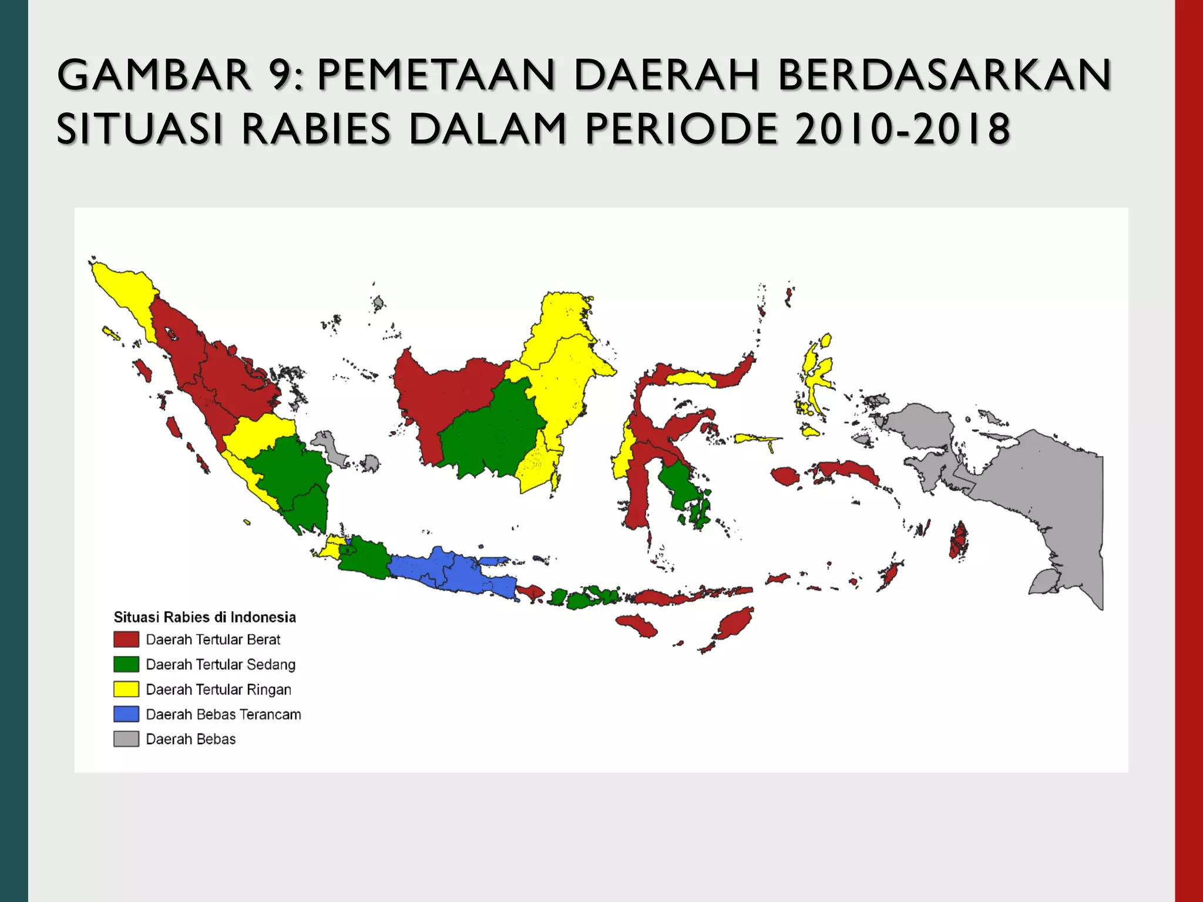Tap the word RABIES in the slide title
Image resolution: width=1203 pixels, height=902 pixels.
pyautogui.click(x=316, y=129)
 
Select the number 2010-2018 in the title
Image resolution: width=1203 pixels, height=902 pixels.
pyautogui.click(x=902, y=129)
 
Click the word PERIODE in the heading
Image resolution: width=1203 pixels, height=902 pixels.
pyautogui.click(x=681, y=129)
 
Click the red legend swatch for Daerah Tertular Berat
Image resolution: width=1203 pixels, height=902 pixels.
pyautogui.click(x=126, y=639)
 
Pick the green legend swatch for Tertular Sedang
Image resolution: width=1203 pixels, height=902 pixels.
pyautogui.click(x=126, y=664)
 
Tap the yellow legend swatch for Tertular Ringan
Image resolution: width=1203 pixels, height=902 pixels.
pyautogui.click(x=126, y=689)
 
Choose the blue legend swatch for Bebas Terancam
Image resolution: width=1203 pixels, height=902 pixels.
pyautogui.click(x=126, y=714)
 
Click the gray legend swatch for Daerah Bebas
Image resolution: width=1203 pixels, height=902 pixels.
pyautogui.click(x=126, y=739)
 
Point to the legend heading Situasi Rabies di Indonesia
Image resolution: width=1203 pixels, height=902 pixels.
pyautogui.click(x=204, y=617)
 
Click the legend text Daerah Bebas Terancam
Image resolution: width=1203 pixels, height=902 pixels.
pyautogui.click(x=223, y=714)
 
